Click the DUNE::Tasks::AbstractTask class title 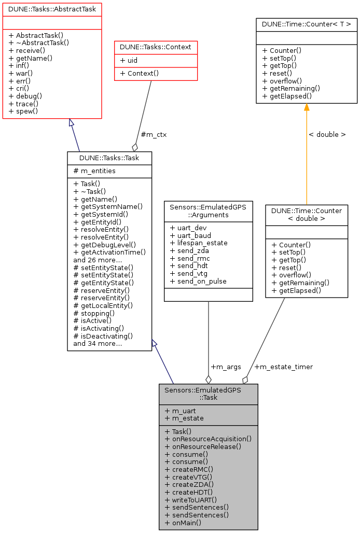coord(52,9)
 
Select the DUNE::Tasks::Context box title coord(156,47)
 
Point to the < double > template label coord(327,134)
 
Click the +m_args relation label coord(226,367)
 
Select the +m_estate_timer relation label coord(284,367)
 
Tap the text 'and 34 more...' coord(98,343)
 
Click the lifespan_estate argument coord(199,243)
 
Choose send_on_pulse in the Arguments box coord(198,281)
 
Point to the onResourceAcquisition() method coord(208,438)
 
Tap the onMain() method coord(183,523)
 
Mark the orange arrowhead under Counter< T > coord(307,107)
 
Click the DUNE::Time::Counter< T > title coord(307,24)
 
